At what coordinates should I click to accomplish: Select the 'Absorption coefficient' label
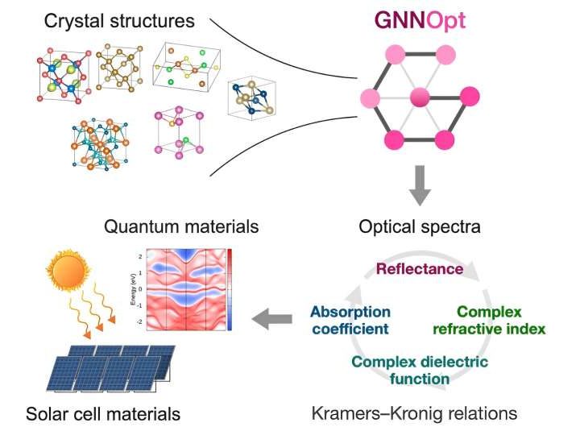click(x=350, y=320)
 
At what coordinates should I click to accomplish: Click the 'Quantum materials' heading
click(x=181, y=226)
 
